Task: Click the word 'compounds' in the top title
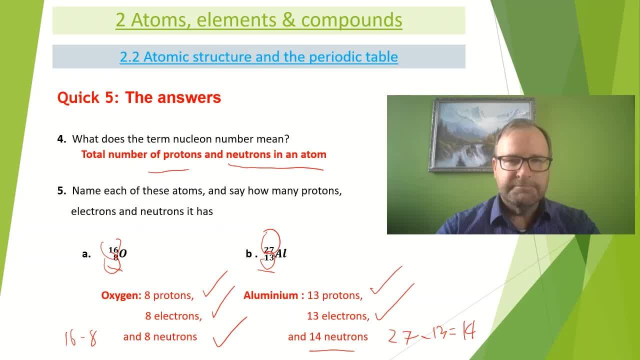351,20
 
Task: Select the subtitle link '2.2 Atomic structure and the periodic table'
258,56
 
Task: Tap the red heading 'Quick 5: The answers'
139,97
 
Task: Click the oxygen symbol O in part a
123,254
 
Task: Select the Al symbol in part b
281,253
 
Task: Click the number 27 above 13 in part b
269,249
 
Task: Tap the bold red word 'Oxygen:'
121,295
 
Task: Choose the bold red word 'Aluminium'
271,295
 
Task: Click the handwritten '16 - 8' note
80,338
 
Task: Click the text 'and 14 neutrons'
327,337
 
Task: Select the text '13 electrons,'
338,316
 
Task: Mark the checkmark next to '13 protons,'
386,282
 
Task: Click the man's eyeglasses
523,163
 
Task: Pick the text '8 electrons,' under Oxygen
173,316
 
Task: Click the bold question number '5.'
62,190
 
